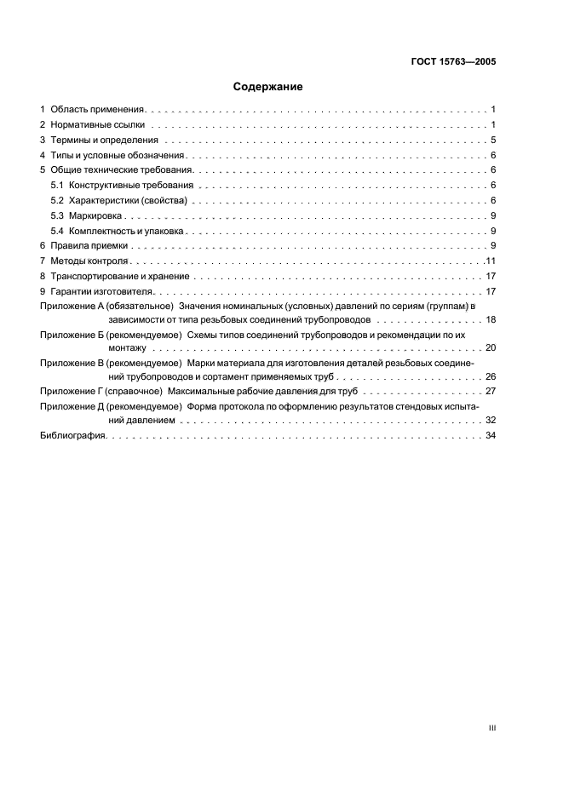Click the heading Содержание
point(268,86)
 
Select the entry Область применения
point(98,110)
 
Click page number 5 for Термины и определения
point(493,140)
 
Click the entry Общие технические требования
point(122,170)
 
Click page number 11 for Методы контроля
point(491,261)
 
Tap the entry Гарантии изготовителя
point(101,291)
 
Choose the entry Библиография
point(72,435)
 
